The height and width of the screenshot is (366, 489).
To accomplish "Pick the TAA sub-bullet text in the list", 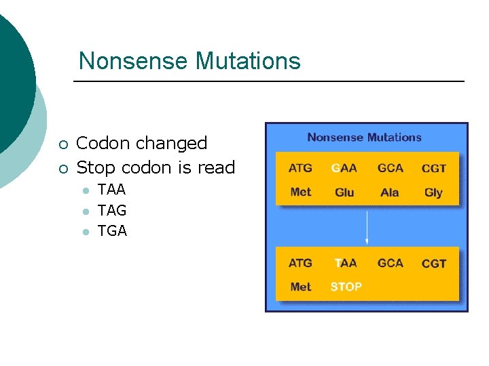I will tap(111, 190).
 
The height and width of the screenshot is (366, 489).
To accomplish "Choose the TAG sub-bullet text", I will tap(112, 211).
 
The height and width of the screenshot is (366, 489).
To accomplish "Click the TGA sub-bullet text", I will tap(112, 231).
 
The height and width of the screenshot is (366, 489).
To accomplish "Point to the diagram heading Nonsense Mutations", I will tap(364, 138).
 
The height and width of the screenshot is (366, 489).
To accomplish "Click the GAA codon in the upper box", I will tap(344, 168).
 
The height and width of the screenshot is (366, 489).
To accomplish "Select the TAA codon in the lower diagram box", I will tap(345, 263).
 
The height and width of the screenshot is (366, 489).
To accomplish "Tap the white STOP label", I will tap(346, 287).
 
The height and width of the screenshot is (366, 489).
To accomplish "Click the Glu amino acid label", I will tap(344, 192).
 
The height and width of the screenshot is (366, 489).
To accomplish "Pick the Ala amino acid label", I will tap(390, 192).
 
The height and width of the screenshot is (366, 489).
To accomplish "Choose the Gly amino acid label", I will tap(433, 192).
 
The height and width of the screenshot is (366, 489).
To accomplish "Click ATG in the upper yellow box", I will tap(300, 168).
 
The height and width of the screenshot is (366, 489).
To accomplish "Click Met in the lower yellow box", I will tap(300, 287).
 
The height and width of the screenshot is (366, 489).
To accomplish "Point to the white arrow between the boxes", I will tap(367, 228).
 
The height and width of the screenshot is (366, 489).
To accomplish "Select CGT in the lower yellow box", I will tap(433, 264).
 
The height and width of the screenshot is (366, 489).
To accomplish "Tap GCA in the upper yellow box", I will tap(390, 168).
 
